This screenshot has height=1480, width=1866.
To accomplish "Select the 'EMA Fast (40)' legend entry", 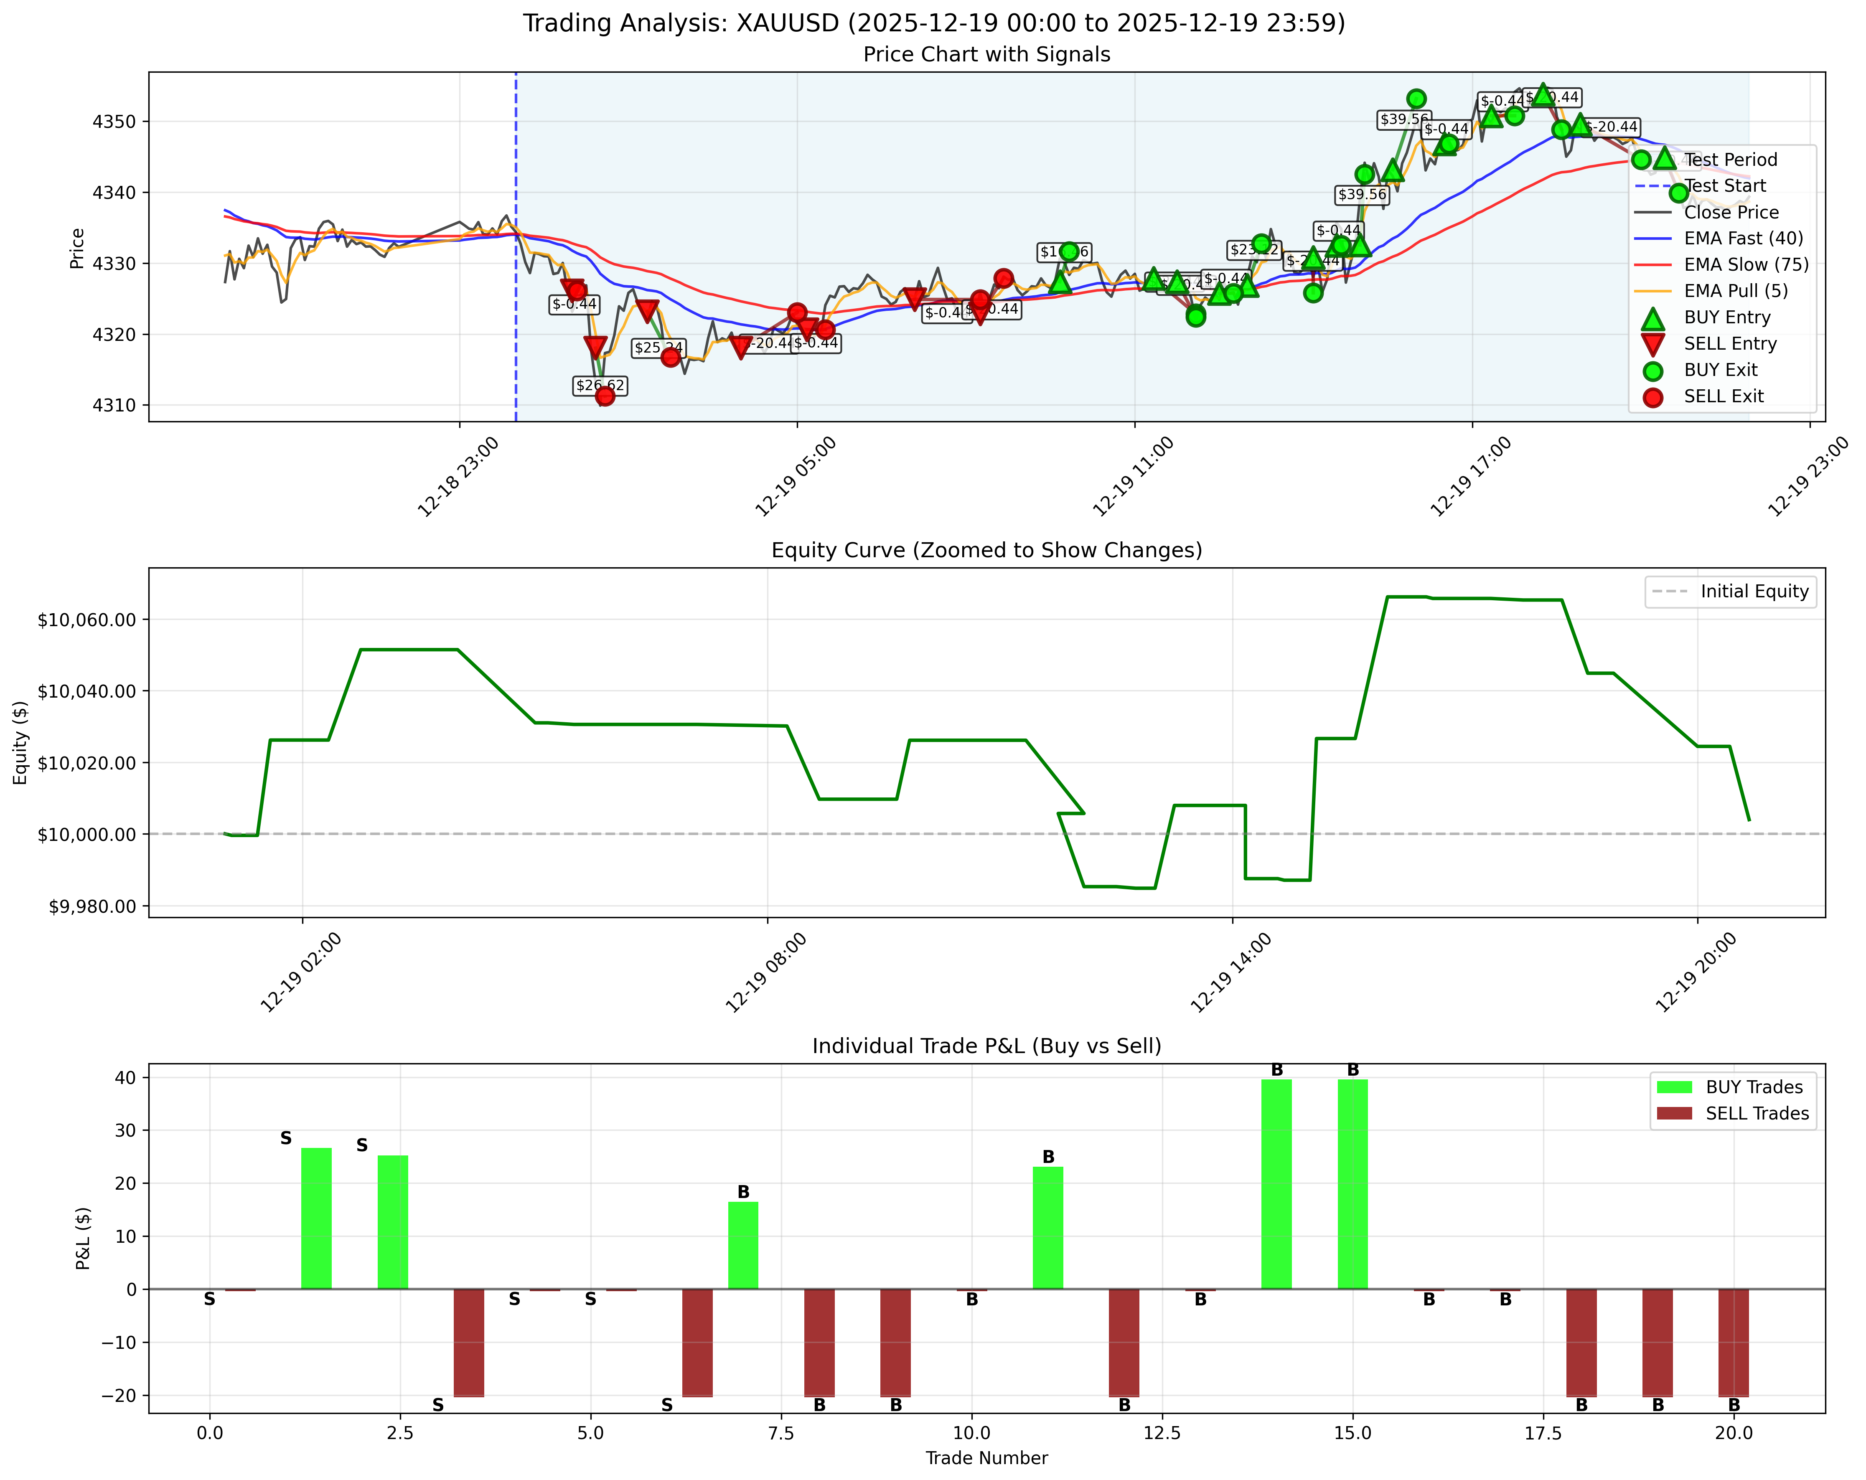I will coord(1743,238).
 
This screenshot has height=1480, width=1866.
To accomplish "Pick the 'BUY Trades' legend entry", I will coord(1754,1087).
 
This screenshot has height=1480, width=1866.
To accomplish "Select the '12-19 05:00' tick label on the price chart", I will coord(796,476).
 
